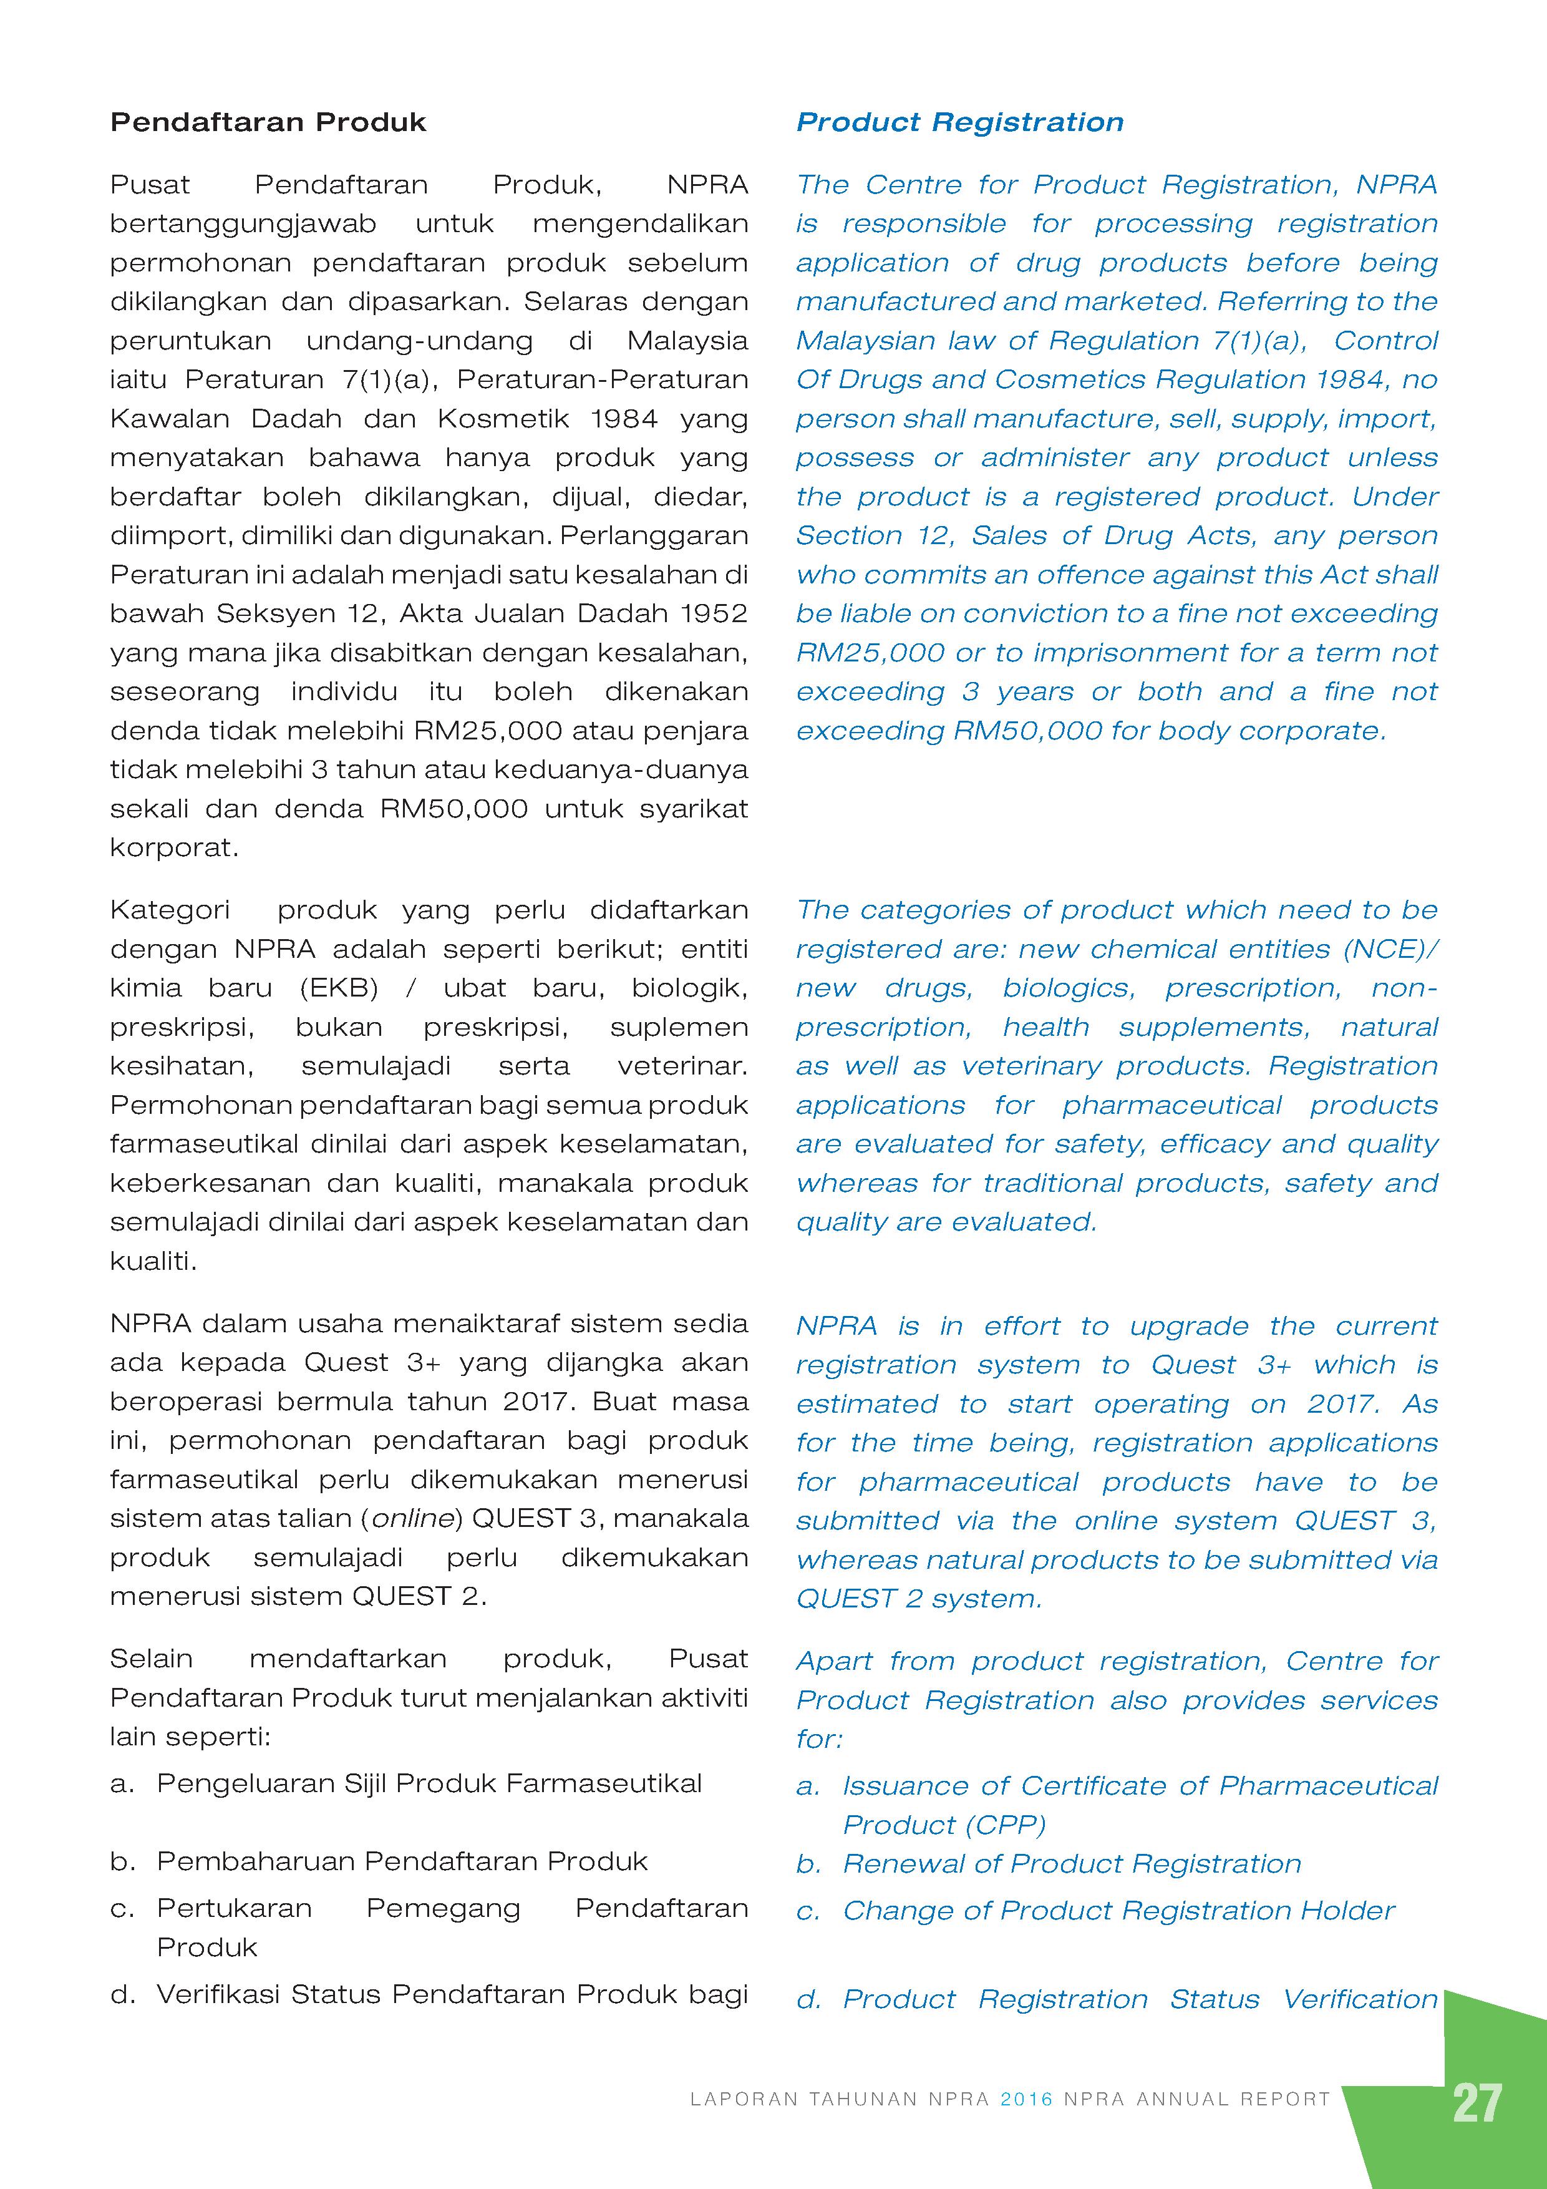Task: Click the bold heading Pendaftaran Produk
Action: tap(268, 122)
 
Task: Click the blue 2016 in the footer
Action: tap(1027, 2099)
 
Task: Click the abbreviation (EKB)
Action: tap(339, 988)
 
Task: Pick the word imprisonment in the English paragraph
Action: tap(1123, 653)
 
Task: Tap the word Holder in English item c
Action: tap(1354, 1911)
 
